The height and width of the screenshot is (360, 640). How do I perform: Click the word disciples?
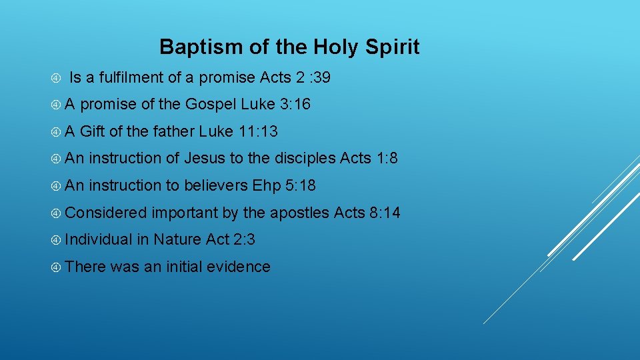(304, 159)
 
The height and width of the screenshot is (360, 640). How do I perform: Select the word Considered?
(106, 213)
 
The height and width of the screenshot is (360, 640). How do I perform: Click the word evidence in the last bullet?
(238, 267)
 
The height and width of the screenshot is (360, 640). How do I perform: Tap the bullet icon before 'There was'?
(57, 267)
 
